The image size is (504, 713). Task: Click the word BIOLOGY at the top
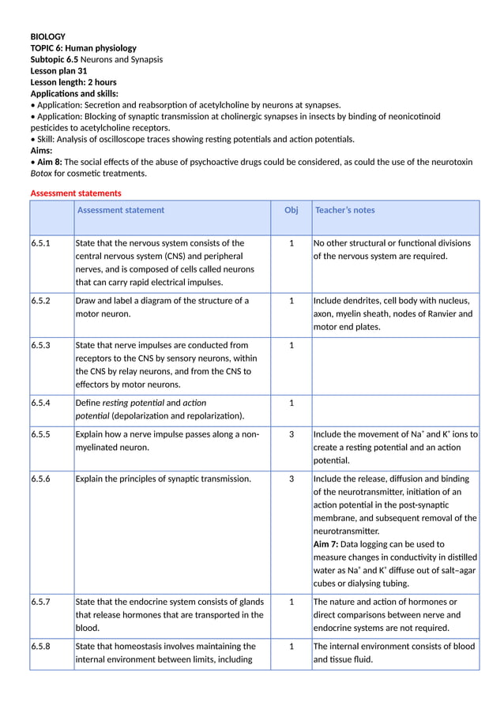click(47, 36)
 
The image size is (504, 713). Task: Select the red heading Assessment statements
click(76, 193)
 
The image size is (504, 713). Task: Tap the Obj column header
click(291, 210)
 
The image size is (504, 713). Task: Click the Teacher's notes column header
click(344, 210)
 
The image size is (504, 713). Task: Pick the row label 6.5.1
click(40, 243)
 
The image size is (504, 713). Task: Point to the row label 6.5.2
click(40, 301)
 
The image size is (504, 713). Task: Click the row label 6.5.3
click(40, 345)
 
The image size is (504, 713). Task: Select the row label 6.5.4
click(40, 403)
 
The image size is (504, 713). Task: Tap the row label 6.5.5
click(40, 434)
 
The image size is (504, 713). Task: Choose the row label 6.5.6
click(40, 478)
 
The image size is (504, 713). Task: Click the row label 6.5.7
click(40, 602)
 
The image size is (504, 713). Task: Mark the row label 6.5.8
click(40, 646)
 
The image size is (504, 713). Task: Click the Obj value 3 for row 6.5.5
click(291, 434)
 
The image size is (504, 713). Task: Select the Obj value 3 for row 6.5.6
click(291, 478)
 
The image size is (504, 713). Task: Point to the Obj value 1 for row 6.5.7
click(291, 602)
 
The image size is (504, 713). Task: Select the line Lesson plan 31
click(58, 71)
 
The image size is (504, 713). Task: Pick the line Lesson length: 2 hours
click(73, 82)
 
